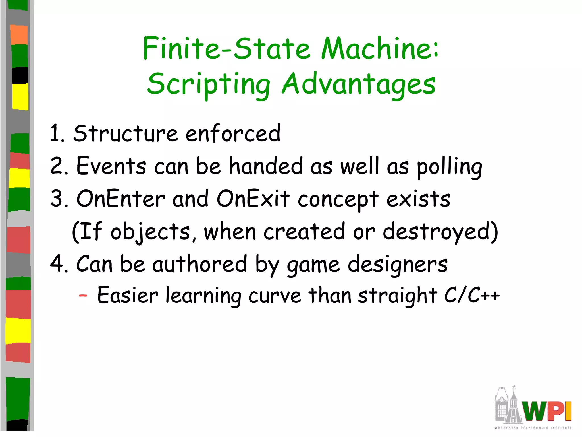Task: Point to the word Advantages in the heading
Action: pos(359,84)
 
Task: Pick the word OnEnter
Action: pos(120,199)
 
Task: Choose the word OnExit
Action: pos(253,199)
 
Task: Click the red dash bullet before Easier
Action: pos(83,296)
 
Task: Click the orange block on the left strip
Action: pos(19,35)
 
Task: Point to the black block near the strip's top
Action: pos(20,75)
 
